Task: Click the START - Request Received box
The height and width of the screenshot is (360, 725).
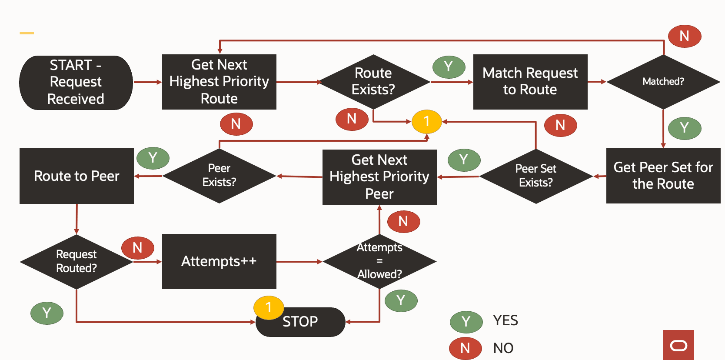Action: (76, 82)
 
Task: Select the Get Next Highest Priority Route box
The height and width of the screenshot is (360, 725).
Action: (219, 82)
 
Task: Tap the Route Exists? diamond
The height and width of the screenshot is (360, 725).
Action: (373, 82)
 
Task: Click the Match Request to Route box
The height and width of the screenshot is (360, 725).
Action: (530, 82)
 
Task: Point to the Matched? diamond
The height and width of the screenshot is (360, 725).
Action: (663, 82)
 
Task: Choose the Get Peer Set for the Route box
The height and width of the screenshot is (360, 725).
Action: (663, 176)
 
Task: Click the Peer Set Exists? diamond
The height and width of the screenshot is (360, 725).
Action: (535, 176)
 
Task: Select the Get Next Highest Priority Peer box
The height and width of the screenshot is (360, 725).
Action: (379, 177)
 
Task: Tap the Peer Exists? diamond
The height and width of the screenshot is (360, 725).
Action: (219, 176)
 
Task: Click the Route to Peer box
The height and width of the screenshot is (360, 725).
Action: (76, 176)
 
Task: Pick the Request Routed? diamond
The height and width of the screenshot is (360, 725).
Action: (76, 262)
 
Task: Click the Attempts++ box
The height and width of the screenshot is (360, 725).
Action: (219, 261)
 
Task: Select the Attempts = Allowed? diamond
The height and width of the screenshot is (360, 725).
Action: (379, 261)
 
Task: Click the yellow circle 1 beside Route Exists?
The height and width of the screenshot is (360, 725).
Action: (426, 121)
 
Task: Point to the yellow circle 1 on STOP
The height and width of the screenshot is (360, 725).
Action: (269, 307)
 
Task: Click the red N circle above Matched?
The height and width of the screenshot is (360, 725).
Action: (684, 36)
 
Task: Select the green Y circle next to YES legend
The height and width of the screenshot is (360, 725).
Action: (466, 322)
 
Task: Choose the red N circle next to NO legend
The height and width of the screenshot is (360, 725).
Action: (465, 348)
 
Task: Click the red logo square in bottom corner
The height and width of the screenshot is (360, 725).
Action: (678, 345)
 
